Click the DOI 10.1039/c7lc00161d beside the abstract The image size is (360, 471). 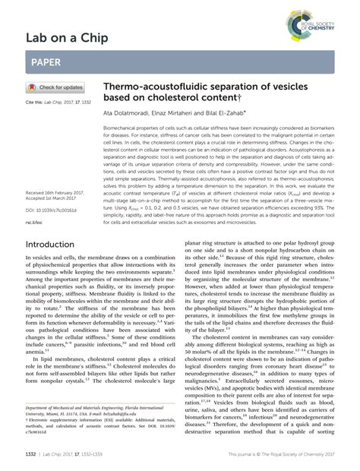point(52,188)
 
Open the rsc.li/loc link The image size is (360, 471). point(34,201)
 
